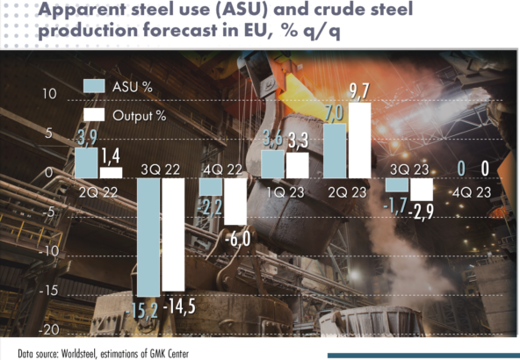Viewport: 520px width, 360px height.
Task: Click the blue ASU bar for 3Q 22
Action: [148, 237]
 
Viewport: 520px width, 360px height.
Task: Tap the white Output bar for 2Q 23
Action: [359, 140]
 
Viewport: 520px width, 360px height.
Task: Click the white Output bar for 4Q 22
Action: [235, 202]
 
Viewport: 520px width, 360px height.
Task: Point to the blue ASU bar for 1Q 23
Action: [273, 164]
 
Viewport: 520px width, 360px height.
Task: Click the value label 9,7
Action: [360, 91]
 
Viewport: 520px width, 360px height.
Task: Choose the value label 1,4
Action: [112, 156]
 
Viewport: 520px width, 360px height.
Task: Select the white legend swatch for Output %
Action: [94, 116]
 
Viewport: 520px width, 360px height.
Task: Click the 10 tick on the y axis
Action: [49, 94]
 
